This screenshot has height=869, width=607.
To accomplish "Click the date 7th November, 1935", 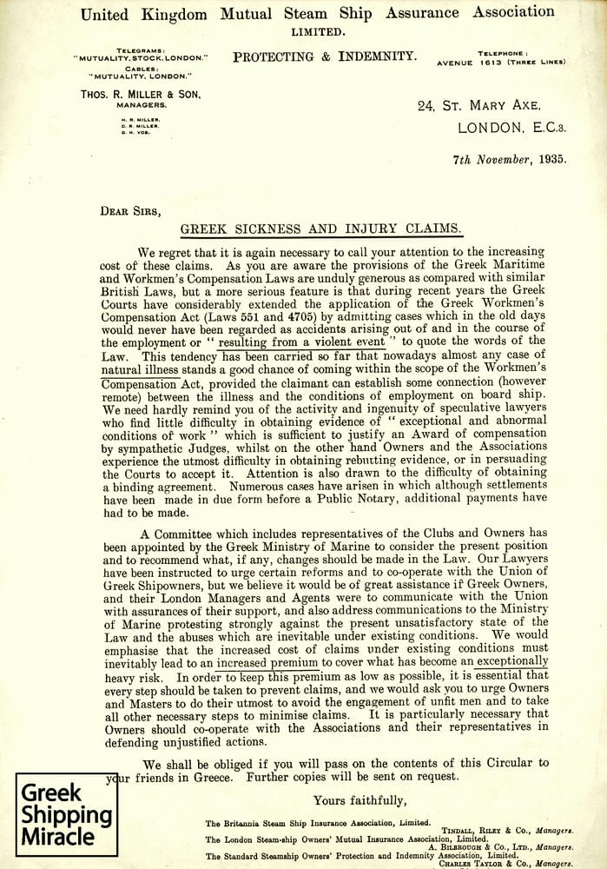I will pos(510,159).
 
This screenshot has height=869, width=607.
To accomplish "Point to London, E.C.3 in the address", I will pos(511,127).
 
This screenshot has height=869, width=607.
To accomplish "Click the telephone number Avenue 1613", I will pos(512,62).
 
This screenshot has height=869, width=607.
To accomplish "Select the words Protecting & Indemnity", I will pos(324,57).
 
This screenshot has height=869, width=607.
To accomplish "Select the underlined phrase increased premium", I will pos(268,661).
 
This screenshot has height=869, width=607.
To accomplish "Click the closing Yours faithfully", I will pos(360,800).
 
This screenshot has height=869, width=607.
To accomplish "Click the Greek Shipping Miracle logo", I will pos(67,814).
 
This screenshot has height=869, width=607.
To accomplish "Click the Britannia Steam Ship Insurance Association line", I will pos(318,822).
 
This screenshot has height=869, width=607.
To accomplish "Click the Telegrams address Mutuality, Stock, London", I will pos(141,57).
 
